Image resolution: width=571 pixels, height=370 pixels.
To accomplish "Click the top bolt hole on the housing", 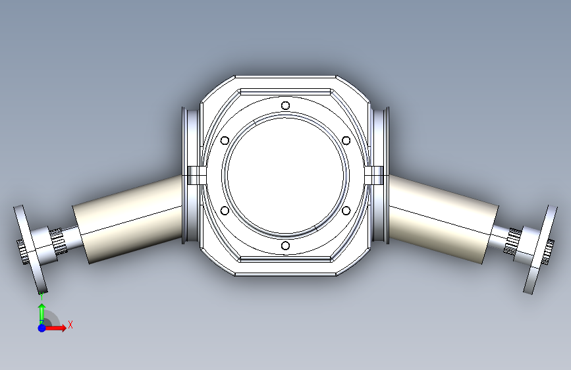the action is click(x=286, y=105).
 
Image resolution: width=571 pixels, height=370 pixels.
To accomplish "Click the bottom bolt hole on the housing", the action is click(x=286, y=246).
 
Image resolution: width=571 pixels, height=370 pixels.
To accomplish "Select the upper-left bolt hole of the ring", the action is click(x=225, y=141).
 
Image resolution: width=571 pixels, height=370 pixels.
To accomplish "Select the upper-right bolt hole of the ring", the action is click(x=346, y=141).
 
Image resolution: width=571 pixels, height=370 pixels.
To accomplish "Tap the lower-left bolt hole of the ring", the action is click(x=225, y=211).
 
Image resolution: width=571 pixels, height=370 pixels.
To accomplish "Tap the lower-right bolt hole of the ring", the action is click(x=346, y=211).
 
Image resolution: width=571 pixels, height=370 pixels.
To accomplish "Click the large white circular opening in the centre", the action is click(x=286, y=175).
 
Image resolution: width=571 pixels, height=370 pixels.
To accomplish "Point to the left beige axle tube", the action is click(x=128, y=219).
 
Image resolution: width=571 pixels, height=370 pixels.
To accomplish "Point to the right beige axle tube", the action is click(x=443, y=219).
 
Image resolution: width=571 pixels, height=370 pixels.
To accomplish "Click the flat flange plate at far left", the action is click(x=30, y=250).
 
